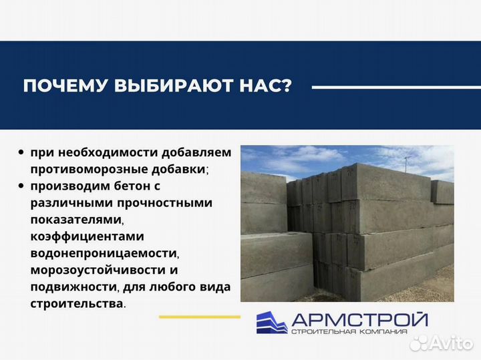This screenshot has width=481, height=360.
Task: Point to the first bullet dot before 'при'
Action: coord(22,152)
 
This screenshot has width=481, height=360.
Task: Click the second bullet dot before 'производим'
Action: coord(22,186)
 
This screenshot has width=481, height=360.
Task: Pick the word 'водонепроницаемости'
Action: coord(104,253)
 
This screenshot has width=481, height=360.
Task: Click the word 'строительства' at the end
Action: coord(75,303)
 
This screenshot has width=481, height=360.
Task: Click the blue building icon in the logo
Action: coord(272,322)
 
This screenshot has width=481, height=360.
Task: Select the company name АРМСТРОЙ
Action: coord(359,319)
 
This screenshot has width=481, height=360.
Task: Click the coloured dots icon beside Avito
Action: coord(419,343)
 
